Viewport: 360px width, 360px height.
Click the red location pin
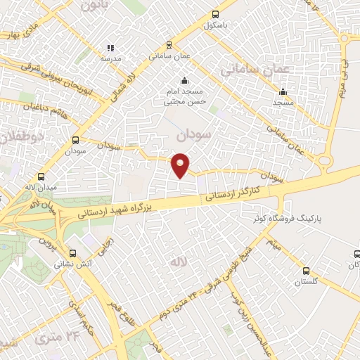[181, 165]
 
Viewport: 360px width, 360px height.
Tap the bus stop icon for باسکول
[214, 13]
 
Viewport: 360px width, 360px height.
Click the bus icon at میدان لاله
[41, 177]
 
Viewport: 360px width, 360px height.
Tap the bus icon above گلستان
[306, 271]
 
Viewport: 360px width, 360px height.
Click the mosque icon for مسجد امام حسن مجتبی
[184, 80]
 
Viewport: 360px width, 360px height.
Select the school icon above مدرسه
[110, 48]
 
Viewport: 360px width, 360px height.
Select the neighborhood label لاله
[176, 262]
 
